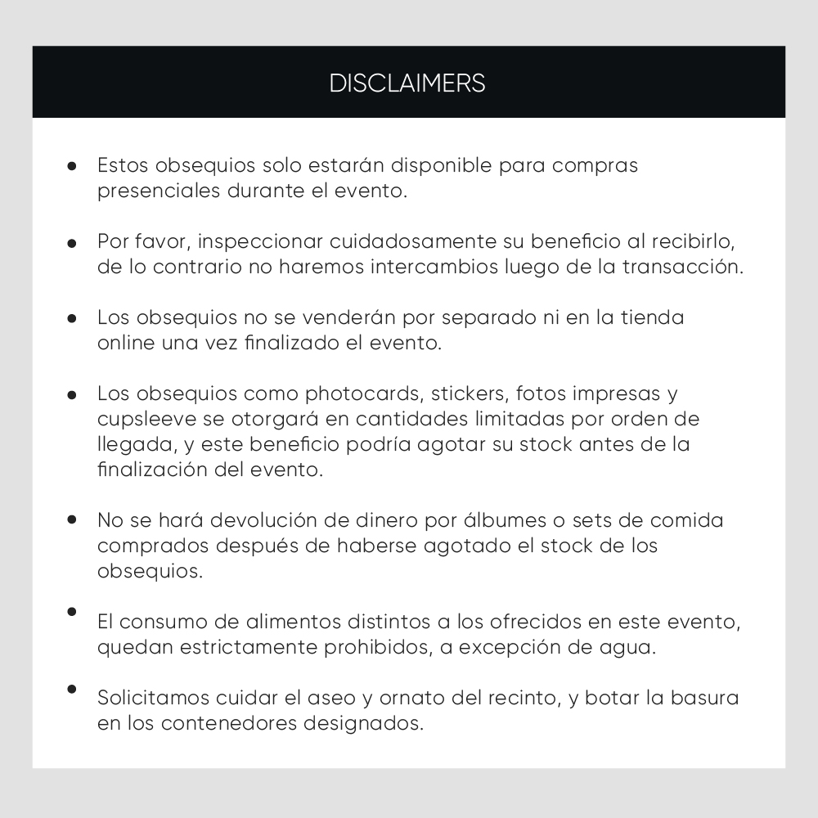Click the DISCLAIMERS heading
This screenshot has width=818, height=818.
point(407,83)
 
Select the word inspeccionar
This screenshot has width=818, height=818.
point(261,242)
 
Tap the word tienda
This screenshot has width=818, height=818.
point(653,317)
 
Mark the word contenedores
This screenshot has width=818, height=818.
point(229,724)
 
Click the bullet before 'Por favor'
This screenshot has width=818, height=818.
point(72,243)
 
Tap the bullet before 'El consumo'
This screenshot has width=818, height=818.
point(72,612)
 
